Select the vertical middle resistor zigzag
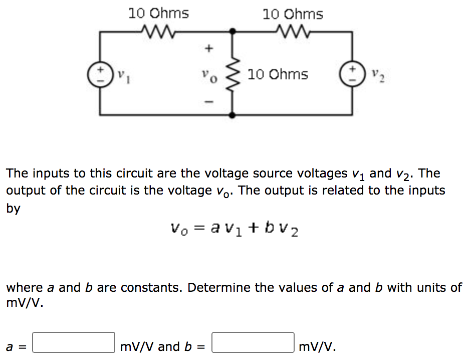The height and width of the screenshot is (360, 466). point(232,74)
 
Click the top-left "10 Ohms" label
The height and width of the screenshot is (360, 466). point(158,13)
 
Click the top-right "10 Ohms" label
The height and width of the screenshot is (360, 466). point(293,14)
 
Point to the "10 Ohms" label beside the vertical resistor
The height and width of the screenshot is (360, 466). point(278,75)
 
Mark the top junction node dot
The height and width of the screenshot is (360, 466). point(232,32)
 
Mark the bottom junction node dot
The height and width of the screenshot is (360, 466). point(232,115)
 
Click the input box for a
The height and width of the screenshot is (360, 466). point(74,342)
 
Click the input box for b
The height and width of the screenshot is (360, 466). point(253,342)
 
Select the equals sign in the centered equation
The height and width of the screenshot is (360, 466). point(200,229)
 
